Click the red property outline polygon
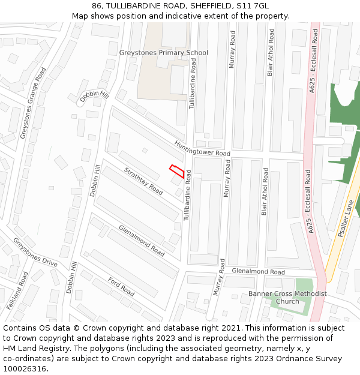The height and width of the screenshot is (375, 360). coord(177,171)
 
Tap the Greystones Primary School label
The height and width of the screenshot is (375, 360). coord(163,53)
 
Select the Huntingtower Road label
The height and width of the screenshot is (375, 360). coord(202,149)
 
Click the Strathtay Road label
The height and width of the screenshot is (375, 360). coord(143,181)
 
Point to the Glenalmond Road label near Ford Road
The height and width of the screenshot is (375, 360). coord(142,241)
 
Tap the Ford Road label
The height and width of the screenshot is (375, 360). coord(121,286)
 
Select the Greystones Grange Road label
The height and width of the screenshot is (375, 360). coord(32,103)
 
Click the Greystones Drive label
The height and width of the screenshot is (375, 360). coord(35,253)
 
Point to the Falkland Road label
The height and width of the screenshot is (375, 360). coord(17,290)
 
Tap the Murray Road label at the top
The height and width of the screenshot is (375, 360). coord(232,46)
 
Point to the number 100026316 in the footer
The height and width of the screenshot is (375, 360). coord(24,369)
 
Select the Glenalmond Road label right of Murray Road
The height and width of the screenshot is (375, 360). coord(258,272)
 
